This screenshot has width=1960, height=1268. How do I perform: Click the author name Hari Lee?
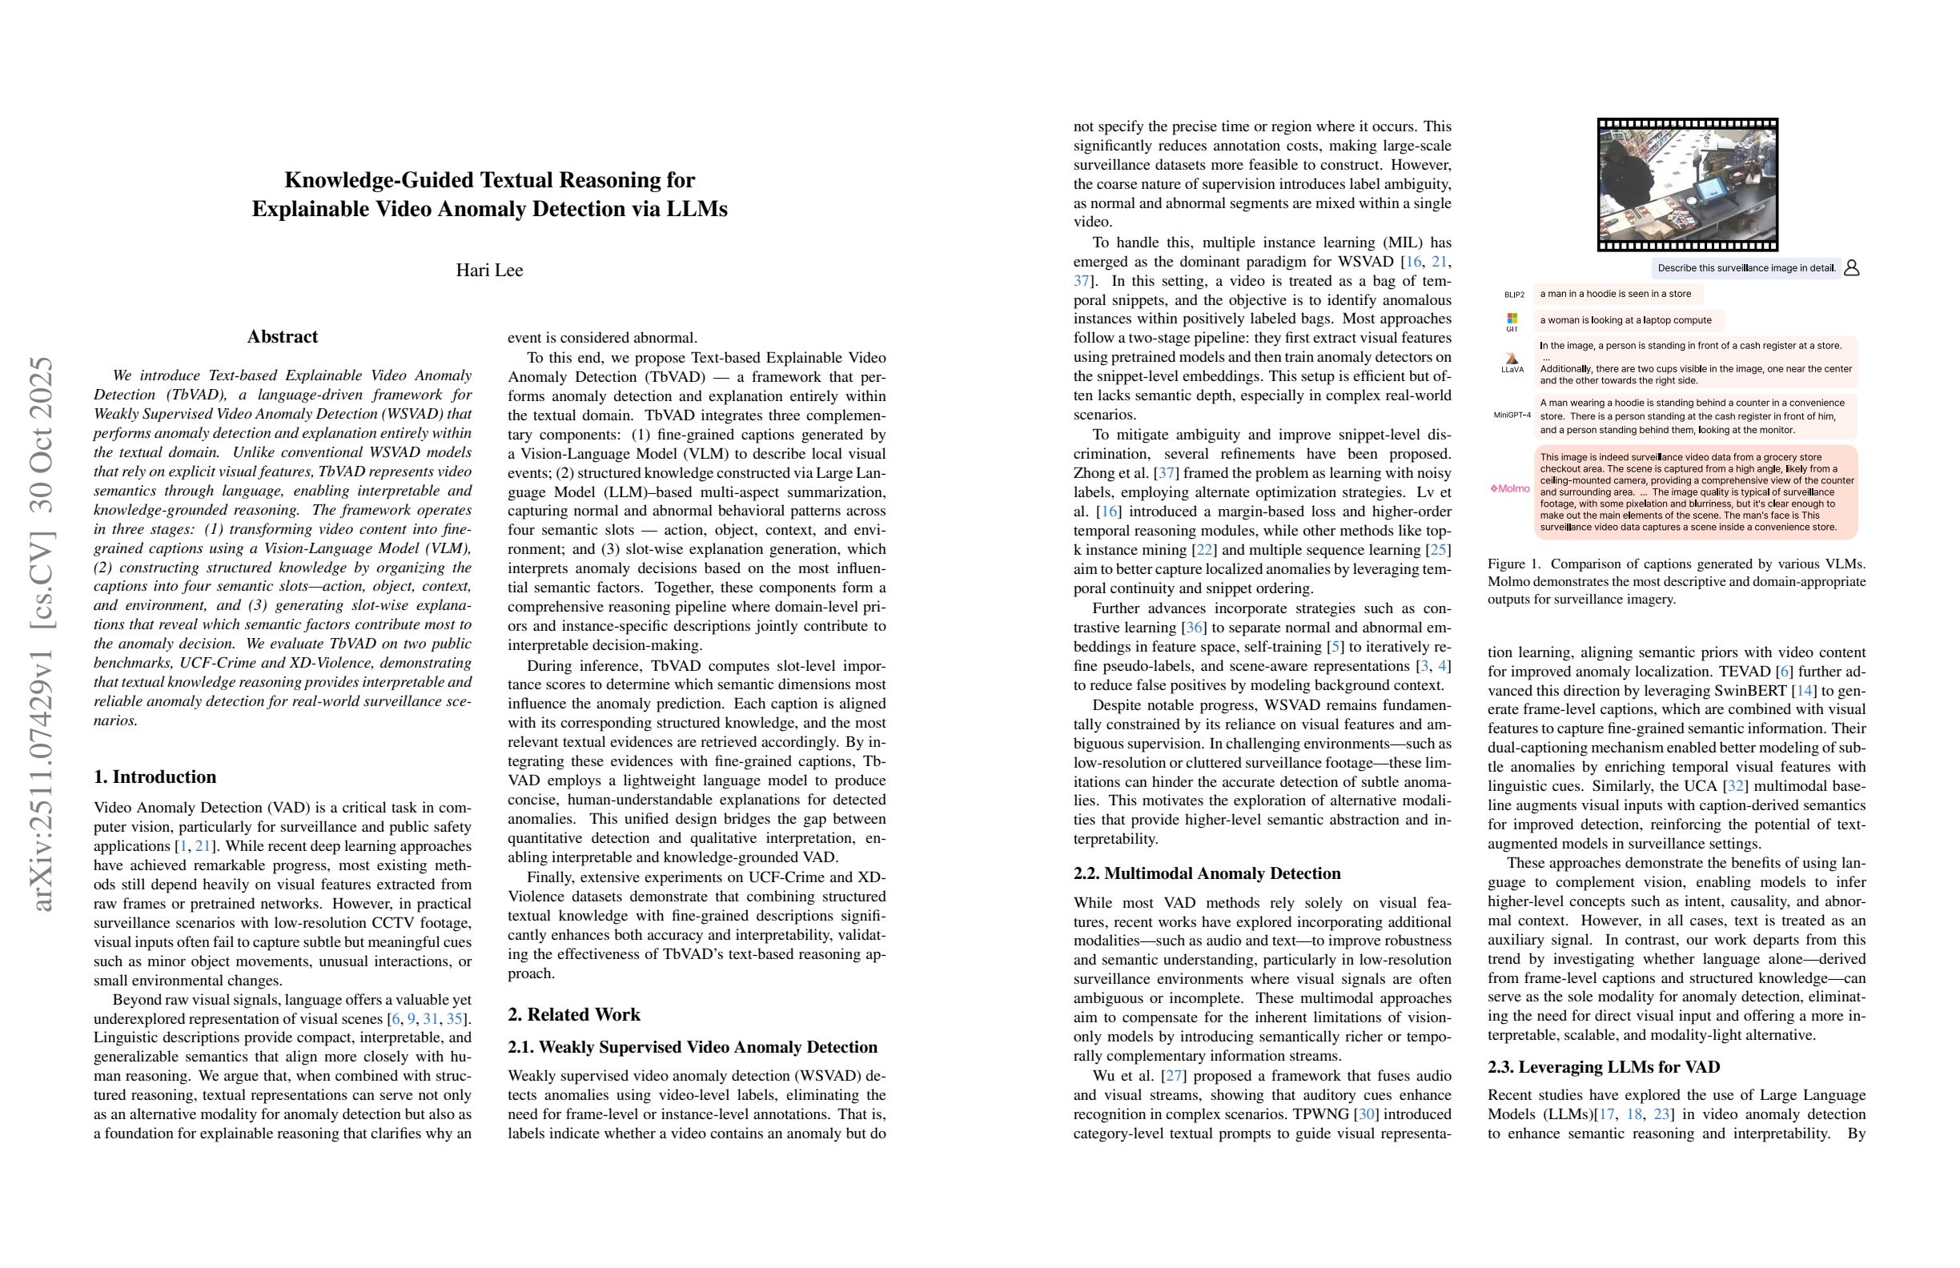[x=489, y=270]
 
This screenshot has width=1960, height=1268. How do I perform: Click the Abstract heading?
[x=283, y=337]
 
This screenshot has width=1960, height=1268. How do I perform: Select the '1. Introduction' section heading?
[x=155, y=776]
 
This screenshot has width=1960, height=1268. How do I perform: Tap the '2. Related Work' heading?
[x=573, y=1014]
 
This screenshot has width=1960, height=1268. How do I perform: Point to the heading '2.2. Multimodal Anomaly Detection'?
[x=1207, y=873]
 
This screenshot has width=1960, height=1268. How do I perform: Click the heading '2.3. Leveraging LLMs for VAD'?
[x=1604, y=1067]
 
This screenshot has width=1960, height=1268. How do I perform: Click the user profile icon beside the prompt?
[x=1851, y=267]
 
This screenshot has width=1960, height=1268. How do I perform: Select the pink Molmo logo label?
[x=1509, y=488]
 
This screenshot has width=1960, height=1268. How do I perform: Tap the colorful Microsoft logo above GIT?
[x=1512, y=318]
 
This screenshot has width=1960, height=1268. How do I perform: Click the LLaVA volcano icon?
[x=1512, y=358]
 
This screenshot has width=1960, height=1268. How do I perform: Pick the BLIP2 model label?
[x=1514, y=295]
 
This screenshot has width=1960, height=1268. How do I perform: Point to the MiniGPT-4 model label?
[x=1512, y=415]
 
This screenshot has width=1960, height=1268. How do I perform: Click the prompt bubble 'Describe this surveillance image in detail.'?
[x=1746, y=267]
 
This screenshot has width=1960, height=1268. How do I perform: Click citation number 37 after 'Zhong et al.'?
[x=1166, y=473]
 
